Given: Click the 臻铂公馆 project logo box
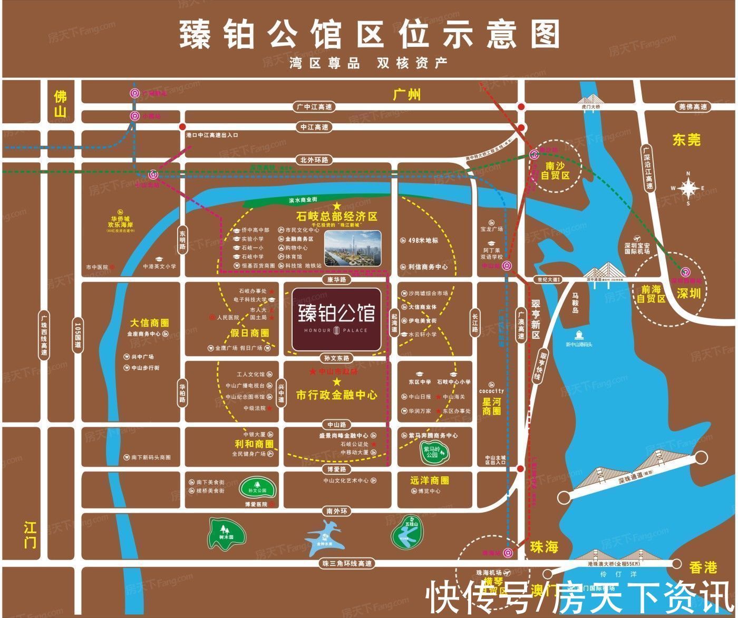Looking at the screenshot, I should tap(336, 319).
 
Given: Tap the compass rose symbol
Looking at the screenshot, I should tap(688, 188).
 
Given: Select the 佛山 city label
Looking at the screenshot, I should tap(61, 104).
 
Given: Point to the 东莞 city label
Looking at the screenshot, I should tap(686, 140).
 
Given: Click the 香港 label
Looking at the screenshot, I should tap(703, 567).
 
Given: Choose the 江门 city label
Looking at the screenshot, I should tap(30, 534).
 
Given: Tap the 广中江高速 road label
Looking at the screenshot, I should tap(315, 107).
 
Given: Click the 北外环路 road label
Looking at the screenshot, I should tap(314, 160).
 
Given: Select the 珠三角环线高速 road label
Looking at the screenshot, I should tap(347, 563).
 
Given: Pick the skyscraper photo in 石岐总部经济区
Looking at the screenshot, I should tap(353, 249).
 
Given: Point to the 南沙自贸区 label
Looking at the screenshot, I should tap(555, 171).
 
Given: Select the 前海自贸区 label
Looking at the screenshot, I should tap(651, 294).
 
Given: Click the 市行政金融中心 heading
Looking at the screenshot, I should tap(337, 395).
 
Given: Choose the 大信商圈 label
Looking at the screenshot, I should tap(150, 322).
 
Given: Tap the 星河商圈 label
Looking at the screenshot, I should tap(491, 406).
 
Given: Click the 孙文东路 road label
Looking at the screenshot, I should tap(337, 358).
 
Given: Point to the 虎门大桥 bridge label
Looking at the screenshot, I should tap(590, 107).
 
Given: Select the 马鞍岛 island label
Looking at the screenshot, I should tap(576, 302).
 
